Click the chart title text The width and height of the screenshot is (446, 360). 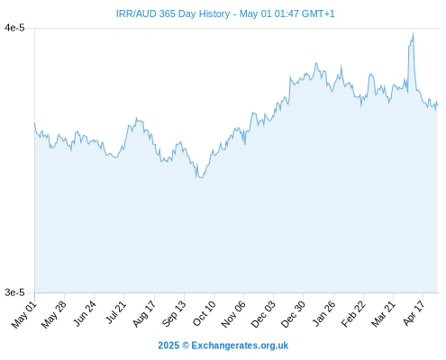[x=225, y=13]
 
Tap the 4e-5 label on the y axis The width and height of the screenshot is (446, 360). [x=14, y=28]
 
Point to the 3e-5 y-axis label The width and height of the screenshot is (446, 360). [x=14, y=292]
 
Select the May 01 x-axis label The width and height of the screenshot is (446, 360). [x=24, y=314]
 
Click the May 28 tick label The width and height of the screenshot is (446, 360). [x=54, y=314]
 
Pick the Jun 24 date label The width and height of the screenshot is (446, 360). [x=85, y=313]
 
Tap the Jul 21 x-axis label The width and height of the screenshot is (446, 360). [x=115, y=312]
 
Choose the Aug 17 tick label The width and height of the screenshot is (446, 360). [x=144, y=313]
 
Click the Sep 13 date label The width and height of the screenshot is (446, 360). [x=174, y=313]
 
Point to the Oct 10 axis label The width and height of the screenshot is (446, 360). [x=205, y=313]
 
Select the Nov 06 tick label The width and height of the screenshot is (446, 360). [x=233, y=314]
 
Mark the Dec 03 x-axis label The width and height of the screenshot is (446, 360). [x=263, y=314]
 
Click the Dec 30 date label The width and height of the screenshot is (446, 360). [x=293, y=314]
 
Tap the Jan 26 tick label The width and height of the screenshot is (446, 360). [x=323, y=313]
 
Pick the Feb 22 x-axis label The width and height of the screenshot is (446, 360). [x=353, y=314]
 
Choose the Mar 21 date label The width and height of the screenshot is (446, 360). [x=383, y=313]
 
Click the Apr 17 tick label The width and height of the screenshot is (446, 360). [x=414, y=313]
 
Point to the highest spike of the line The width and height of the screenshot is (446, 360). [x=414, y=32]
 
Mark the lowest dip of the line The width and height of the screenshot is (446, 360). [x=202, y=178]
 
